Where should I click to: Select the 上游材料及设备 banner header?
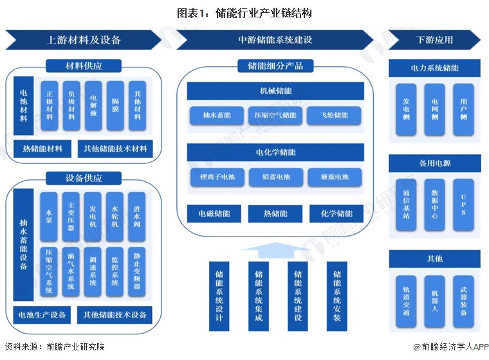click(x=84, y=40)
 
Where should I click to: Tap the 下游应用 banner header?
click(x=434, y=40)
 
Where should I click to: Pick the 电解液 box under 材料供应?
click(x=93, y=105)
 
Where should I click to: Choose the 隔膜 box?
click(x=115, y=105)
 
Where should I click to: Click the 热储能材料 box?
click(x=42, y=149)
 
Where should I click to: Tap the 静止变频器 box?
click(x=137, y=271)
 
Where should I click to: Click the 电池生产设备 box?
click(x=42, y=315)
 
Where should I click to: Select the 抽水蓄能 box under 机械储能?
click(x=212, y=116)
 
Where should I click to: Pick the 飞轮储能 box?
click(x=335, y=116)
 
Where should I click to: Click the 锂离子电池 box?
click(x=213, y=177)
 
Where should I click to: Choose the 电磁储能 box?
click(x=213, y=213)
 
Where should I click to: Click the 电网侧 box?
click(x=435, y=110)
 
